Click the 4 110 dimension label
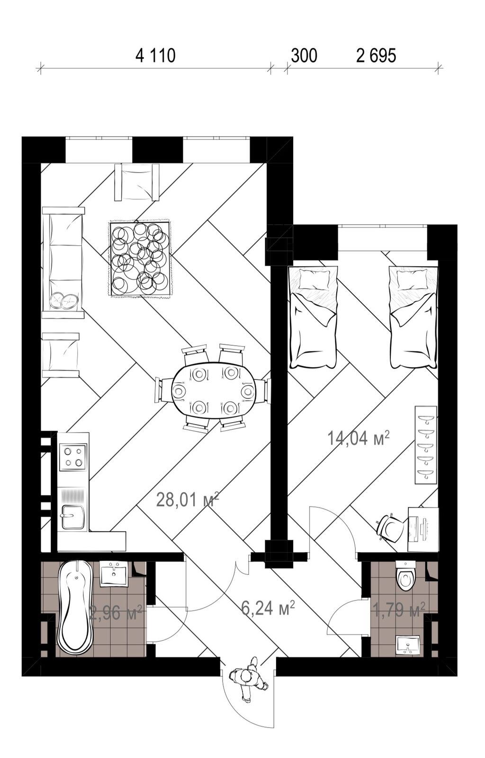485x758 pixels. (155, 56)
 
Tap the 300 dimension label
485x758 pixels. (304, 56)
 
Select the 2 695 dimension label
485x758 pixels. (376, 56)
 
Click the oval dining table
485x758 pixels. (213, 392)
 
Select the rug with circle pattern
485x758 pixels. (140, 259)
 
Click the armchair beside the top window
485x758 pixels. (136, 182)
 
